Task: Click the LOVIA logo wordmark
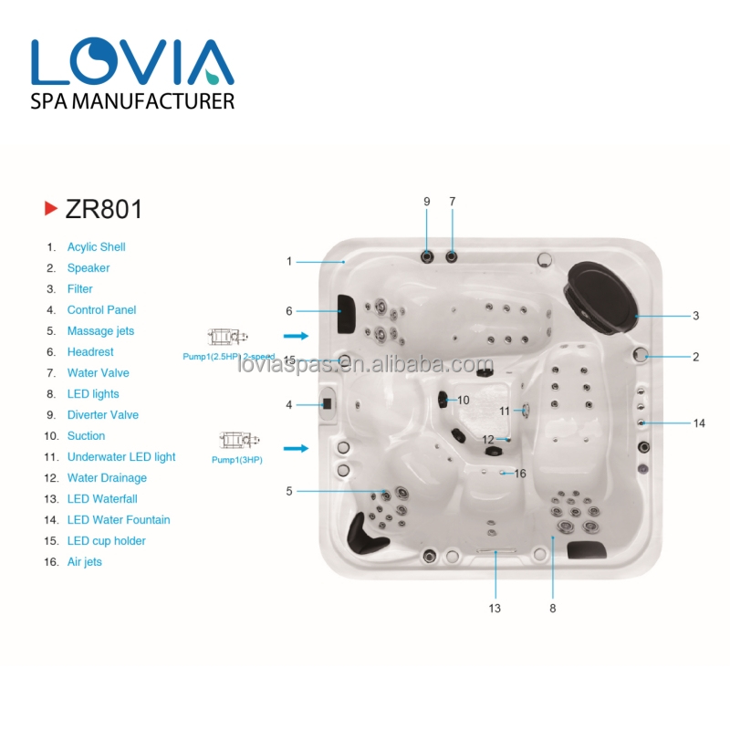(x=132, y=61)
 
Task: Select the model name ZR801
(x=103, y=209)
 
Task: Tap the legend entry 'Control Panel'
(x=101, y=310)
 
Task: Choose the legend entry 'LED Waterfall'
(x=102, y=499)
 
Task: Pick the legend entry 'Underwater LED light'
(x=121, y=457)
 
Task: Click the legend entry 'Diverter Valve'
(x=103, y=415)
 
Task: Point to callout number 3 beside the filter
(x=695, y=316)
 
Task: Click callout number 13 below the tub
(x=495, y=608)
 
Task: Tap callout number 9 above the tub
(x=426, y=202)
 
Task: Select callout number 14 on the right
(x=699, y=423)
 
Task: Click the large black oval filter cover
(x=601, y=297)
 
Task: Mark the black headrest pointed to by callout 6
(x=346, y=313)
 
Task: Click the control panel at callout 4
(x=327, y=403)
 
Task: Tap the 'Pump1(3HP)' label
(x=237, y=460)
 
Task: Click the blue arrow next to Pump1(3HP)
(x=296, y=448)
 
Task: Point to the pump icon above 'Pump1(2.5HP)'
(x=227, y=336)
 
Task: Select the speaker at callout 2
(x=641, y=355)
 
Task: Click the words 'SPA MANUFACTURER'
(x=132, y=101)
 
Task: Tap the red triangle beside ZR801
(x=51, y=208)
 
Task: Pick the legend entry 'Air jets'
(x=84, y=562)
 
